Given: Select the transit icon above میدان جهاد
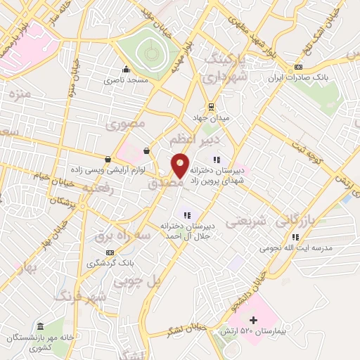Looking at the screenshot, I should click(x=210, y=106).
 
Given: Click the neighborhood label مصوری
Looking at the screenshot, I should click(x=126, y=124).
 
